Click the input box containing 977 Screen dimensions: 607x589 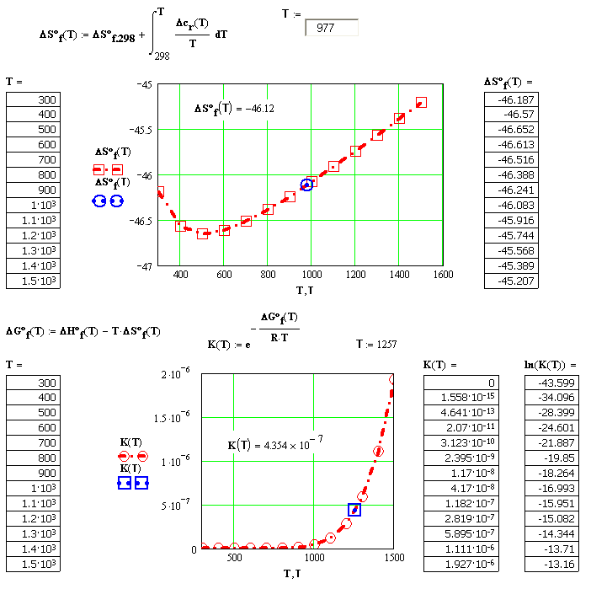pos(332,28)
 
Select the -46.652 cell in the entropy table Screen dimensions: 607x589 pos(511,130)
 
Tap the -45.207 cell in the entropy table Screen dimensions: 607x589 pos(511,281)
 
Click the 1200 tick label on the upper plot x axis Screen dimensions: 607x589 pos(355,275)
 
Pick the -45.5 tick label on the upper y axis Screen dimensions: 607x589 pos(141,130)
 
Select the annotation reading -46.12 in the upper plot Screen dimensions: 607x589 pos(234,108)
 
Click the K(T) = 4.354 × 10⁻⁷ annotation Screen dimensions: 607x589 pos(275,443)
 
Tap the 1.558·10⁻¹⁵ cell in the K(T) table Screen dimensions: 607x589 pos(461,398)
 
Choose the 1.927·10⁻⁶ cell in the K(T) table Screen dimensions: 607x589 pos(461,565)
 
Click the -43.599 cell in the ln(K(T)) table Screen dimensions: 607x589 pos(551,383)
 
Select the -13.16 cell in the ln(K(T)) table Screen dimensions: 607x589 pos(551,565)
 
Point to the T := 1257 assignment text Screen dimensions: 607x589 pos(376,344)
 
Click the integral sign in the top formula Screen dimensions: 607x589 pos(154,33)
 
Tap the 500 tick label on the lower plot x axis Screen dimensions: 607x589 pos(234,558)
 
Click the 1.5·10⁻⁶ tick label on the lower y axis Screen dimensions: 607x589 pos(172,417)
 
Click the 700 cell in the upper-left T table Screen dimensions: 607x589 pos(34,159)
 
